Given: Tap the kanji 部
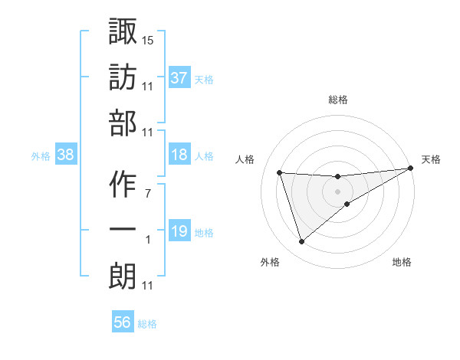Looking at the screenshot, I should coord(122,123).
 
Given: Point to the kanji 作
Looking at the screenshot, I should coord(122,185).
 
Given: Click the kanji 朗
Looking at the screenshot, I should coord(122,277).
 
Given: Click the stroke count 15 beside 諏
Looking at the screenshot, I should coord(148,40).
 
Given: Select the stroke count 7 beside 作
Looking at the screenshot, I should coord(148,194).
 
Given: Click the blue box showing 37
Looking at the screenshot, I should coord(179,78).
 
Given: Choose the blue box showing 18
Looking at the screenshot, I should coord(179,155).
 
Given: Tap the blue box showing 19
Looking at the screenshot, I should coord(179,231).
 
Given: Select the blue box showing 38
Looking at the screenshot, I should coord(65,155).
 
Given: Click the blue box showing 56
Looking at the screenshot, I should coord(123,322).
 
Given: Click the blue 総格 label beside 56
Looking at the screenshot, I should coord(147,324).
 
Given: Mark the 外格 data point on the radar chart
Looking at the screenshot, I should coord(301,242).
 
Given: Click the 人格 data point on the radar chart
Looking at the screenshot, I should coord(280,172).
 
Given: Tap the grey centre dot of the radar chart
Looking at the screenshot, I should coord(338,191).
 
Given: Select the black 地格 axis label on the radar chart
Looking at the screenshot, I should coord(402,263).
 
